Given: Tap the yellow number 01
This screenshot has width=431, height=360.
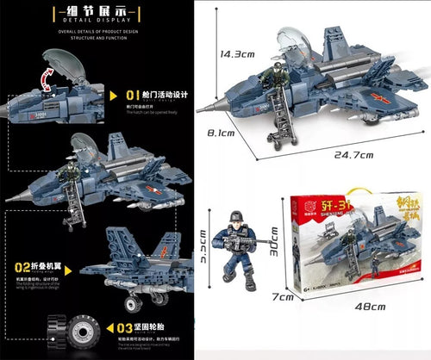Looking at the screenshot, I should point(134,95).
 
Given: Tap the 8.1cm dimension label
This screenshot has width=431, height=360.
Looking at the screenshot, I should point(223,132).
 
